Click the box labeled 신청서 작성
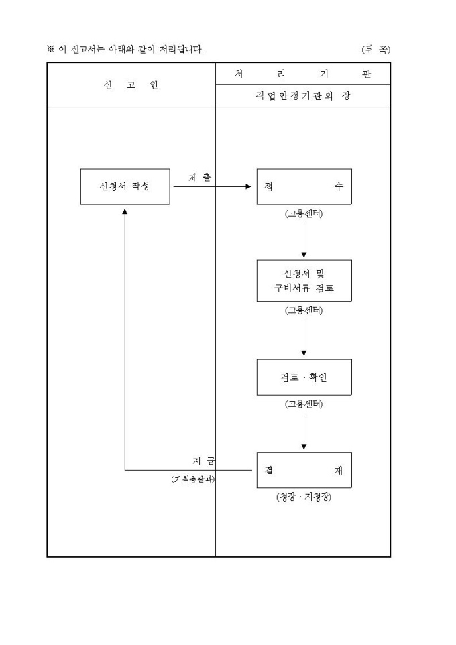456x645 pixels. [x=125, y=186]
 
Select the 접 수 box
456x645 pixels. [x=304, y=186]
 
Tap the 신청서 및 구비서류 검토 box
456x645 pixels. [x=304, y=281]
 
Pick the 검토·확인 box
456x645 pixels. [x=304, y=377]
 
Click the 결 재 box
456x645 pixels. [x=304, y=470]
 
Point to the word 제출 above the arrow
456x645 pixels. [x=200, y=178]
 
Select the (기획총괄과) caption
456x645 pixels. [x=193, y=479]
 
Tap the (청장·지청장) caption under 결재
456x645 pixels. [x=304, y=497]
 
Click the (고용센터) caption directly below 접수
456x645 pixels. [x=304, y=214]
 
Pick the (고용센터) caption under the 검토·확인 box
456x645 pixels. [x=304, y=404]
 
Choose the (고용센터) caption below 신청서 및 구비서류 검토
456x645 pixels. [x=304, y=310]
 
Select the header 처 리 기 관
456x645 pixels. [x=303, y=74]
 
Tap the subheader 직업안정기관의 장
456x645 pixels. [x=303, y=96]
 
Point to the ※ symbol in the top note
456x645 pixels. [x=50, y=49]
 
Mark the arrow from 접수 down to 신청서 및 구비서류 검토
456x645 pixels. [x=304, y=239]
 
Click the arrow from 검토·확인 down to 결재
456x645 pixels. [x=304, y=431]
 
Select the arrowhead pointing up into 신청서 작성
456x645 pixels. [x=125, y=211]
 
